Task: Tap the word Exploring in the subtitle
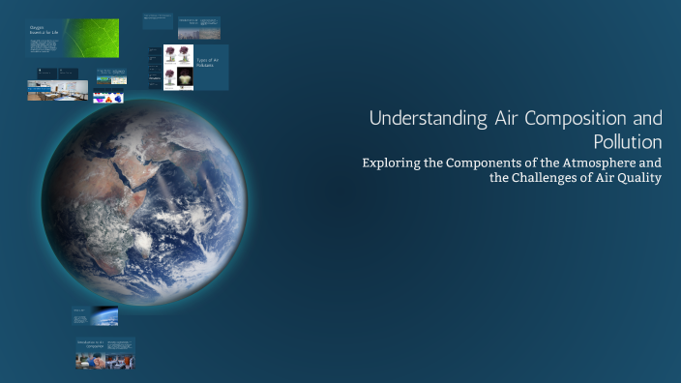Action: (x=393, y=162)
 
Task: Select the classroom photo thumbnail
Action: (x=58, y=91)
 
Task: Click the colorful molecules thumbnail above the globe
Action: (x=107, y=98)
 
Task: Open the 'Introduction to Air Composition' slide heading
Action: (x=90, y=344)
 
